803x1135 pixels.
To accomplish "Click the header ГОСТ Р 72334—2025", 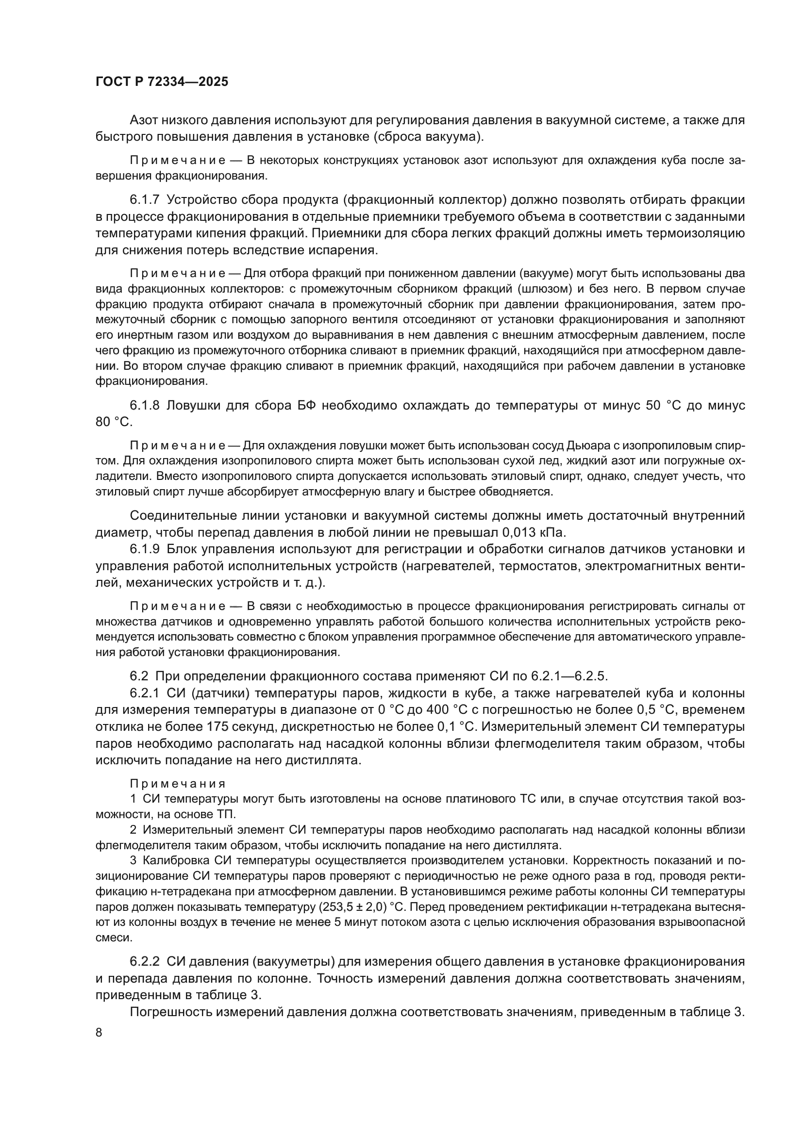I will (162, 82).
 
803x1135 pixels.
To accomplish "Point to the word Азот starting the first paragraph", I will (144, 120).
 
